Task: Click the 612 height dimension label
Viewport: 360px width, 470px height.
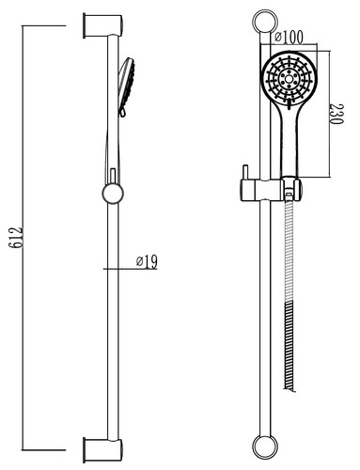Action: pyautogui.click(x=16, y=238)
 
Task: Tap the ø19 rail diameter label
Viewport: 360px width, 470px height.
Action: pyautogui.click(x=147, y=261)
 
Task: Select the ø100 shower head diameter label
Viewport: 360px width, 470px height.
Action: pyautogui.click(x=289, y=37)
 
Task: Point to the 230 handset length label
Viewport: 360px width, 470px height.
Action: pyautogui.click(x=337, y=114)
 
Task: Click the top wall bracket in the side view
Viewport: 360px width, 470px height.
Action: pyautogui.click(x=102, y=26)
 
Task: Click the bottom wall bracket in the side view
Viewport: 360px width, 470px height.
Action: pyautogui.click(x=102, y=450)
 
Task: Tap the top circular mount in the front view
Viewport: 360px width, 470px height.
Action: pyautogui.click(x=265, y=22)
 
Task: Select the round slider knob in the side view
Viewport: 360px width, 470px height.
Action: pyautogui.click(x=113, y=193)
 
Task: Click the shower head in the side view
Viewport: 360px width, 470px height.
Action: pyautogui.click(x=127, y=86)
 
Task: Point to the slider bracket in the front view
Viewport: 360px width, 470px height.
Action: pyautogui.click(x=272, y=190)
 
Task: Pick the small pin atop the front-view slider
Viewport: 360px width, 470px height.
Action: pyautogui.click(x=246, y=172)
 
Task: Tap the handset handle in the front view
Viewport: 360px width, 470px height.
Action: pyautogui.click(x=290, y=141)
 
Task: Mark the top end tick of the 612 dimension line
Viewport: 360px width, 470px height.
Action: pyautogui.click(x=44, y=25)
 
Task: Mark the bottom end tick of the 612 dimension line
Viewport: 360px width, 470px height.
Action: pyautogui.click(x=44, y=450)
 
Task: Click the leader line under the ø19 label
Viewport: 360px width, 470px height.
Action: pyautogui.click(x=130, y=269)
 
